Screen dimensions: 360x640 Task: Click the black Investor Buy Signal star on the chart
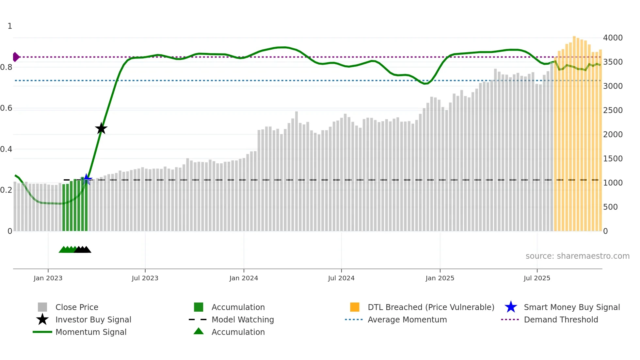pos(101,129)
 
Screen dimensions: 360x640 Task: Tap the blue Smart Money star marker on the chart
pos(87,179)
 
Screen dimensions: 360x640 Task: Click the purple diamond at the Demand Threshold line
pos(16,57)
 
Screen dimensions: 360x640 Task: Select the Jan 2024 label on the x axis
pos(244,278)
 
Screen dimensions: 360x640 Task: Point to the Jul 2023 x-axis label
pos(145,278)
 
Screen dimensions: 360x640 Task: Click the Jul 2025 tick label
pos(537,278)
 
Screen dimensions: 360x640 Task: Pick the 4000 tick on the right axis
pos(613,38)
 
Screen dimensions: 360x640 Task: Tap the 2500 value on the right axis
pos(613,110)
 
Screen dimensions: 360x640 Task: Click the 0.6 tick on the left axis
pos(6,108)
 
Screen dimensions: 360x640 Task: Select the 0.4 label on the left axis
pos(6,149)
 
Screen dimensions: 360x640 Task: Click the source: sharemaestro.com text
pos(577,256)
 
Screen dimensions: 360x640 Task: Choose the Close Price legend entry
pos(77,307)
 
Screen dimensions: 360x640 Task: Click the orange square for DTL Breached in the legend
pos(355,307)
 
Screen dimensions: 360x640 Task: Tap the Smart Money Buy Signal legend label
pos(571,307)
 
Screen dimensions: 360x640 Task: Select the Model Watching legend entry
pos(243,319)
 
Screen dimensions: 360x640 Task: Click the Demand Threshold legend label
pos(561,319)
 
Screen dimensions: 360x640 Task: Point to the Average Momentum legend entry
pos(407,319)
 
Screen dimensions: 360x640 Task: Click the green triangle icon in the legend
pos(199,331)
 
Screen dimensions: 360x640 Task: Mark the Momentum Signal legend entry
pos(91,332)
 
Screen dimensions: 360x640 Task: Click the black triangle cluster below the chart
pos(83,250)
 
